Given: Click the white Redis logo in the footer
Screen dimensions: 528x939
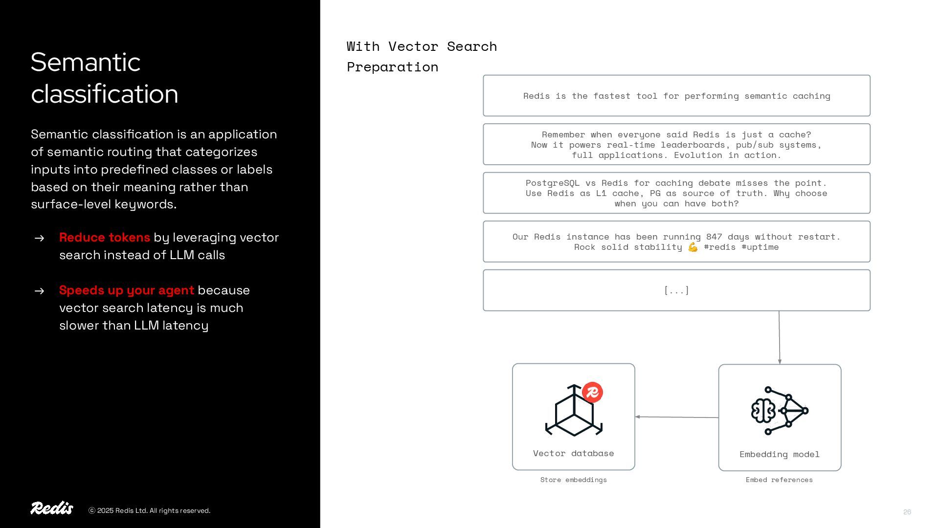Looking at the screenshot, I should [x=52, y=508].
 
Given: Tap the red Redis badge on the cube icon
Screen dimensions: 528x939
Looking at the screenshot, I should [x=592, y=392].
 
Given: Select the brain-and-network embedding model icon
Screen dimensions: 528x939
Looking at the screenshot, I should [x=780, y=411].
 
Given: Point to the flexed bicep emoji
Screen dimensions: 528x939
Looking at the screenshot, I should [x=693, y=247].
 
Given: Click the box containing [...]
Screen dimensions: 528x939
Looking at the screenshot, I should [x=676, y=290].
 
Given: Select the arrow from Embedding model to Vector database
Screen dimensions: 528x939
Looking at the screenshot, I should [x=677, y=417].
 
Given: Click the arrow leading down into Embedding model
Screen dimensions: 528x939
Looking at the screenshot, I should [x=779, y=337].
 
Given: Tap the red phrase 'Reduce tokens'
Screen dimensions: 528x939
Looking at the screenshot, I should [x=105, y=238].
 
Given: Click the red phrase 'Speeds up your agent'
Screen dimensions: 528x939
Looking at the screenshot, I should [x=127, y=290].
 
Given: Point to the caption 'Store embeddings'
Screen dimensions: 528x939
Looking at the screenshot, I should [x=573, y=480].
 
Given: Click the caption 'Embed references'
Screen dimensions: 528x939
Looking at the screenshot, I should [x=779, y=480].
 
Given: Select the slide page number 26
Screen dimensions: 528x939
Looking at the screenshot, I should [x=907, y=512].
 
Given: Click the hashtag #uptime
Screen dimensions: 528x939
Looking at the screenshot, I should [x=760, y=247].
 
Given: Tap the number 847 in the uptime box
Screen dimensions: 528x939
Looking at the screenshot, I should [x=714, y=237].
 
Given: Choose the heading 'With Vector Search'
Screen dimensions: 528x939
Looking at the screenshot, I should [x=422, y=46].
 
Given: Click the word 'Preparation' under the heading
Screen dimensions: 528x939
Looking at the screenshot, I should [x=392, y=67].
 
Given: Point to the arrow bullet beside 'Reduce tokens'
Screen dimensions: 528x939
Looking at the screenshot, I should [x=40, y=238].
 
